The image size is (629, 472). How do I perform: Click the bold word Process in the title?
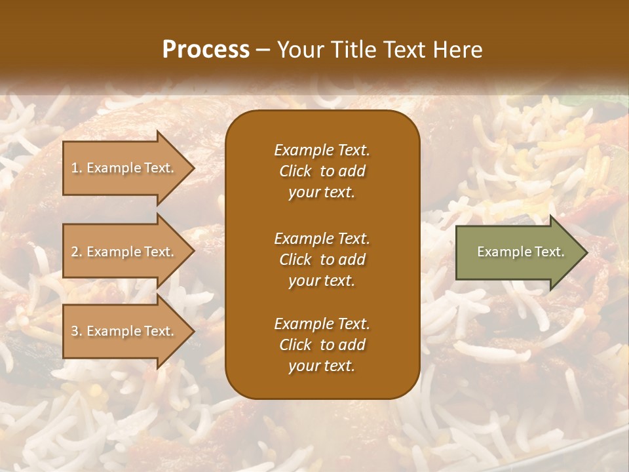[x=206, y=49]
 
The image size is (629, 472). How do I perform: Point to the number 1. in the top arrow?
[x=77, y=168]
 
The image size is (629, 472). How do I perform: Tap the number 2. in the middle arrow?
[x=77, y=252]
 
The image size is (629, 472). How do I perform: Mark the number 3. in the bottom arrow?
[x=77, y=331]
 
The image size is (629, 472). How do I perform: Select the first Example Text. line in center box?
[x=322, y=150]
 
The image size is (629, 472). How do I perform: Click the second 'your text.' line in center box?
[x=322, y=281]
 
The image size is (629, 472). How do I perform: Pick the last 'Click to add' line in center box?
[x=322, y=345]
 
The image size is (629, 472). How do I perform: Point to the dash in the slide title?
[x=263, y=49]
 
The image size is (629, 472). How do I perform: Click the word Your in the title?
[x=298, y=49]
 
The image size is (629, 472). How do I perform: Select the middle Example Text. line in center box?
[x=322, y=238]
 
